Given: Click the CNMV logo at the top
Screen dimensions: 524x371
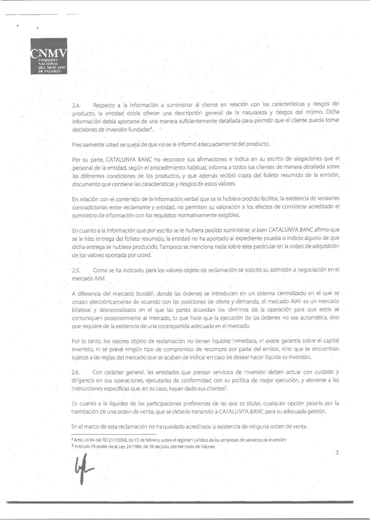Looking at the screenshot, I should click(x=49, y=56).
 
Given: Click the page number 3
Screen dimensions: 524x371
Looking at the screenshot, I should click(x=337, y=452).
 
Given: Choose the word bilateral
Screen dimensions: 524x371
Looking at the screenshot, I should click(x=81, y=310).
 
